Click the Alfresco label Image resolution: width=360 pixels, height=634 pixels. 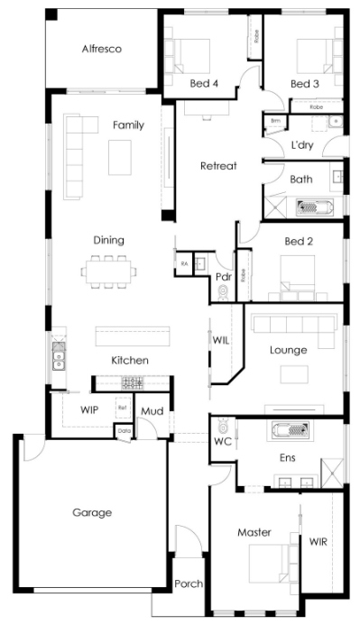click(101, 49)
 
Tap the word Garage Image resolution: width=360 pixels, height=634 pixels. click(92, 512)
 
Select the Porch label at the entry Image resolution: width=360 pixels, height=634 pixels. click(189, 583)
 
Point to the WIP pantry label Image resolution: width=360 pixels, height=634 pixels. click(88, 409)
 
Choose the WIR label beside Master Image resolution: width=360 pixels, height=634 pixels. click(318, 542)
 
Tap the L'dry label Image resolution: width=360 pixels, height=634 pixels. click(301, 145)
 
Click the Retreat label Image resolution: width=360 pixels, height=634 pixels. click(217, 166)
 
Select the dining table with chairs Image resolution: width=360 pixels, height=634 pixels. click(108, 269)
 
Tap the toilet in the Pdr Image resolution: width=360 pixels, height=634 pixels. click(223, 292)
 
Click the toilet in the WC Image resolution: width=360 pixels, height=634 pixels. click(222, 424)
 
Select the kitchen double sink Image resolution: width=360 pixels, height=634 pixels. click(57, 359)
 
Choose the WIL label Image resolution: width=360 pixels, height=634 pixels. click(221, 341)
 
